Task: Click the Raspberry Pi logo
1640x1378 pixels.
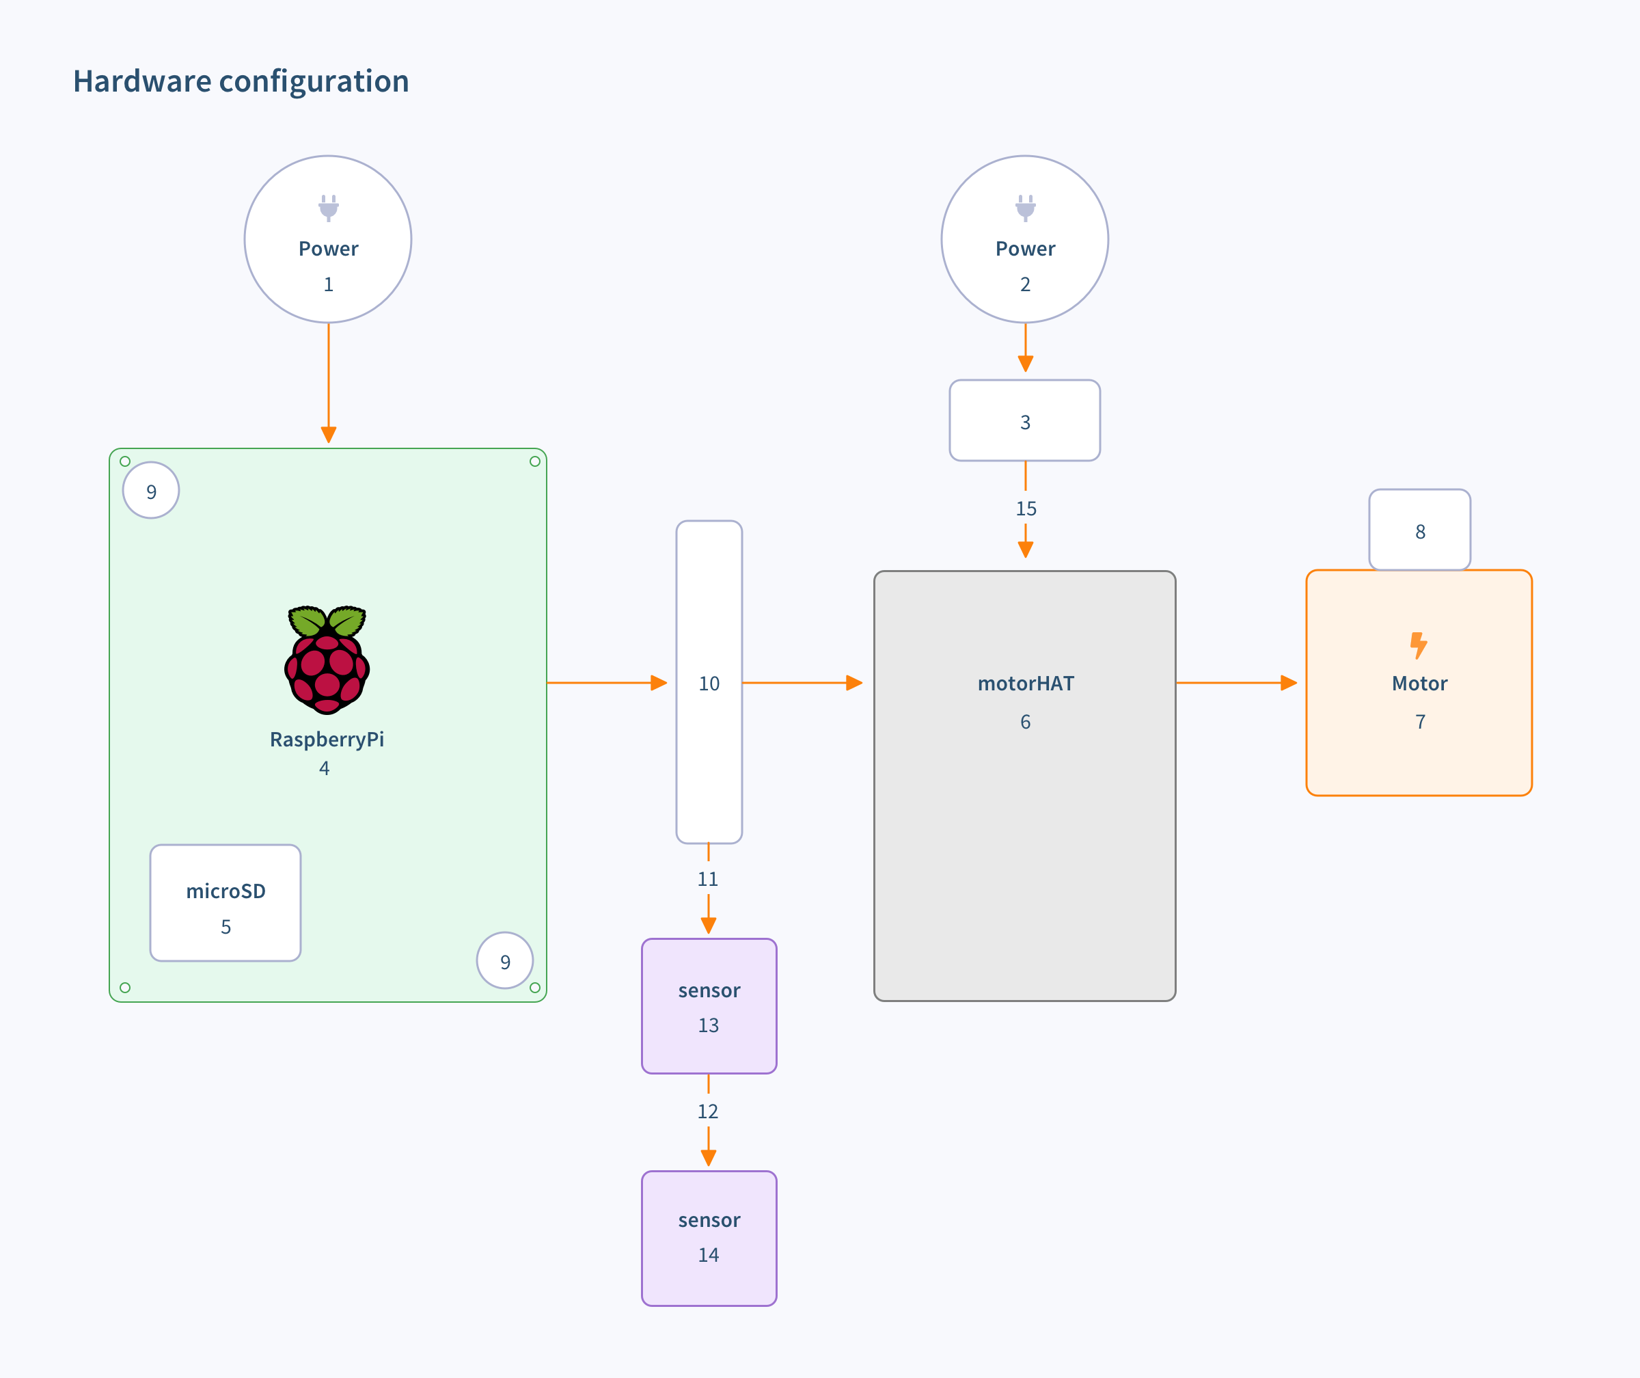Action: point(327,660)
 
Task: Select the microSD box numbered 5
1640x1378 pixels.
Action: point(225,902)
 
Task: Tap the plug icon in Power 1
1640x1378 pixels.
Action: point(329,208)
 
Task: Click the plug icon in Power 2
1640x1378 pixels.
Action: point(1026,208)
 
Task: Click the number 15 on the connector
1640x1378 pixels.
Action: point(1026,509)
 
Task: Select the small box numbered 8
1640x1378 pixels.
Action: point(1420,530)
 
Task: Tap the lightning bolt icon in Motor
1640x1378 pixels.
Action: point(1418,645)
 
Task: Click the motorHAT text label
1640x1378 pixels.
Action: point(1026,684)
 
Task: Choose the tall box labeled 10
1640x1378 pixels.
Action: point(709,682)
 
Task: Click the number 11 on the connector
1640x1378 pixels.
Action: point(707,879)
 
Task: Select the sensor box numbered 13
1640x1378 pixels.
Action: point(709,1006)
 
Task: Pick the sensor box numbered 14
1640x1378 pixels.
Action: point(709,1237)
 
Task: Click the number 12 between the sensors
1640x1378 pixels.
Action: point(707,1111)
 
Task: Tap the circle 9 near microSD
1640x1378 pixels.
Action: point(505,961)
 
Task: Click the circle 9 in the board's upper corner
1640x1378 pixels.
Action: point(152,491)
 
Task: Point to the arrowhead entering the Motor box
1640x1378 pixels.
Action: point(1289,683)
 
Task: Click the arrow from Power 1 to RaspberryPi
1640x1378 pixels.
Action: point(329,383)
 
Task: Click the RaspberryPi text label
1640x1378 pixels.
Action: point(327,739)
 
